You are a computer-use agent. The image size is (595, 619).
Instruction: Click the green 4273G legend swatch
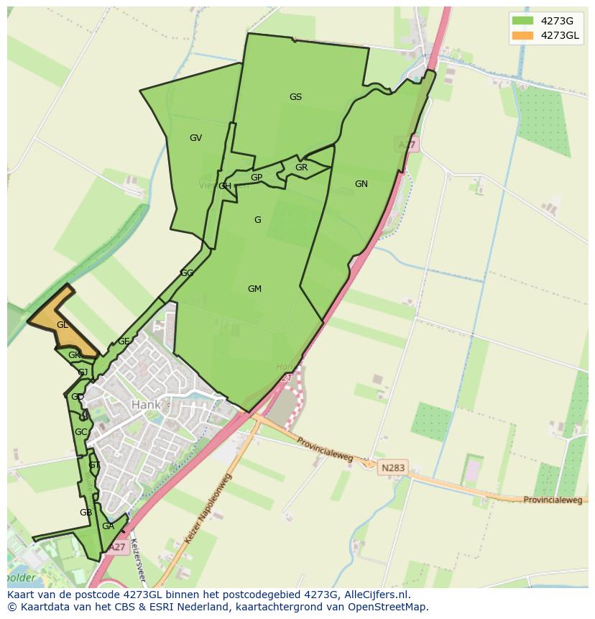click(522, 20)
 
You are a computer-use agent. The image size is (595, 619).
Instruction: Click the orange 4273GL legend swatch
click(522, 35)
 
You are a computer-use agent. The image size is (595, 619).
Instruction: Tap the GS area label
click(295, 97)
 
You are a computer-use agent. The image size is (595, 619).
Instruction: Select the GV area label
click(195, 138)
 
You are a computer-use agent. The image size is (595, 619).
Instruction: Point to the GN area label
click(361, 184)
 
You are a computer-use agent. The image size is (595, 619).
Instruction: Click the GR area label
click(301, 168)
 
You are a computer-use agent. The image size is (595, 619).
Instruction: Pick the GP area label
click(257, 178)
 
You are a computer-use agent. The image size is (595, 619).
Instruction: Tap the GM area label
click(254, 289)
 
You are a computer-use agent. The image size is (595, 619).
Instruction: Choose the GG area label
click(187, 273)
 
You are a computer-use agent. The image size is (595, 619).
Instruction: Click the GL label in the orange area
click(63, 325)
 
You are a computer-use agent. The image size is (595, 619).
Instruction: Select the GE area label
click(124, 341)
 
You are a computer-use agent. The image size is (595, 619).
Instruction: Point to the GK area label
click(74, 355)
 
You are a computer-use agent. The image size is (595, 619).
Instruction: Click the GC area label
click(80, 432)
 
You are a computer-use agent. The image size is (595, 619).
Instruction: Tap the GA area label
click(108, 526)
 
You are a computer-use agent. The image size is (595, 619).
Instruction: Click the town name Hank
click(146, 405)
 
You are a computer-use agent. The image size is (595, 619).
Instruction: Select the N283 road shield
click(393, 467)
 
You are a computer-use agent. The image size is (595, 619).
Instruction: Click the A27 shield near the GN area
click(407, 145)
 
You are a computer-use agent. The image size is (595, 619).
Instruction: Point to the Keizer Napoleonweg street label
click(208, 509)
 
